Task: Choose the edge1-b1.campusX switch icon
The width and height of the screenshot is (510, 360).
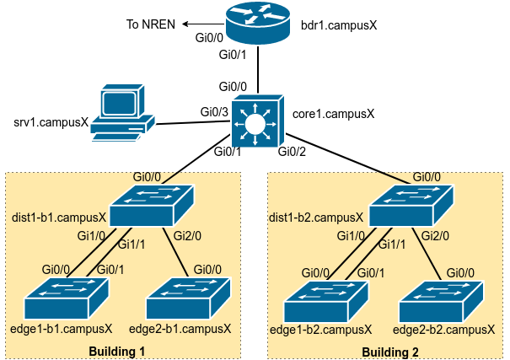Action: [x=67, y=299]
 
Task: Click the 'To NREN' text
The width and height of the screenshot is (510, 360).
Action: [x=150, y=24]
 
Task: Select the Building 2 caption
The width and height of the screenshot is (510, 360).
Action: [x=389, y=350]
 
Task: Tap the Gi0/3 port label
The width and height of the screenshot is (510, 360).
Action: [x=214, y=111]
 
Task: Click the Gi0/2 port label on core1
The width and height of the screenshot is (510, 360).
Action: [x=292, y=152]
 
